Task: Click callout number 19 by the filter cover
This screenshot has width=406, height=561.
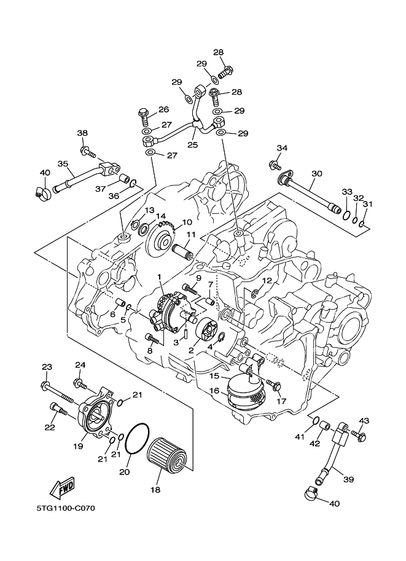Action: (79, 447)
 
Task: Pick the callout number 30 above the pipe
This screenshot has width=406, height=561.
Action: (316, 174)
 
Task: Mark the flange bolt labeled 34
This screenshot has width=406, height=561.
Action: (273, 165)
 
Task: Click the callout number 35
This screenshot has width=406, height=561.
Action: (63, 163)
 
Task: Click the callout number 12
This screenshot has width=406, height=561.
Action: (267, 281)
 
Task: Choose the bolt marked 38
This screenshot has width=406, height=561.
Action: (87, 149)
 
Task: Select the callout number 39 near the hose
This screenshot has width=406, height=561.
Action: (348, 479)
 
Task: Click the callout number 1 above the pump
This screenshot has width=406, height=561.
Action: (160, 277)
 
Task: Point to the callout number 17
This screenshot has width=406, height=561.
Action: (282, 401)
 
